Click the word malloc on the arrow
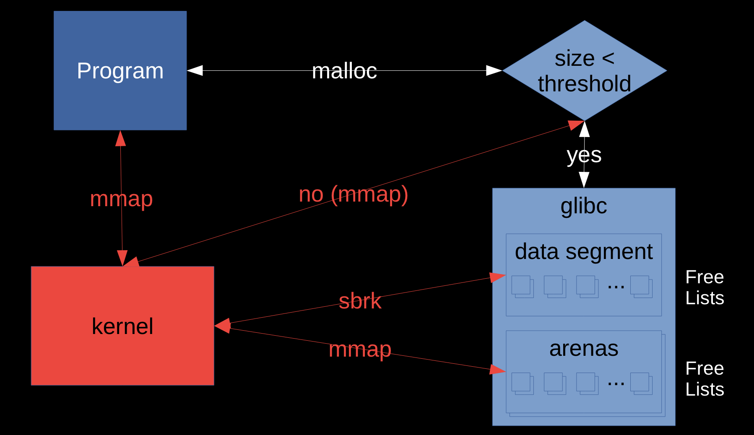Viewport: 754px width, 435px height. pos(344,71)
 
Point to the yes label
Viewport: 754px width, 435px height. pos(584,155)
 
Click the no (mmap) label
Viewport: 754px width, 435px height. pos(353,194)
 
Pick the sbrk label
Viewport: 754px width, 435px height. pos(360,301)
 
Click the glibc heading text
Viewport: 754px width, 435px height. pos(584,206)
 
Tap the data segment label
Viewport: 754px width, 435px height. pos(584,252)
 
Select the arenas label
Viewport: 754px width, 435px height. pos(584,349)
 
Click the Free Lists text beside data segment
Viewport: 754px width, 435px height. pos(705,287)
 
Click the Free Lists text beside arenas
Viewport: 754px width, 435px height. pos(705,379)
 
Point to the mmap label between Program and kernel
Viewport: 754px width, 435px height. pos(121,199)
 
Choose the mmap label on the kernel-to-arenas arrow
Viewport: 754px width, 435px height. pos(360,350)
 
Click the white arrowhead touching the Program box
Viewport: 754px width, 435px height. pos(195,70)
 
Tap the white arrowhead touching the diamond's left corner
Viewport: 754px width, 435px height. pos(494,70)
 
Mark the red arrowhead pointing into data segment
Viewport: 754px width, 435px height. pos(498,277)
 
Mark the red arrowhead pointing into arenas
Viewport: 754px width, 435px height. pos(498,370)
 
